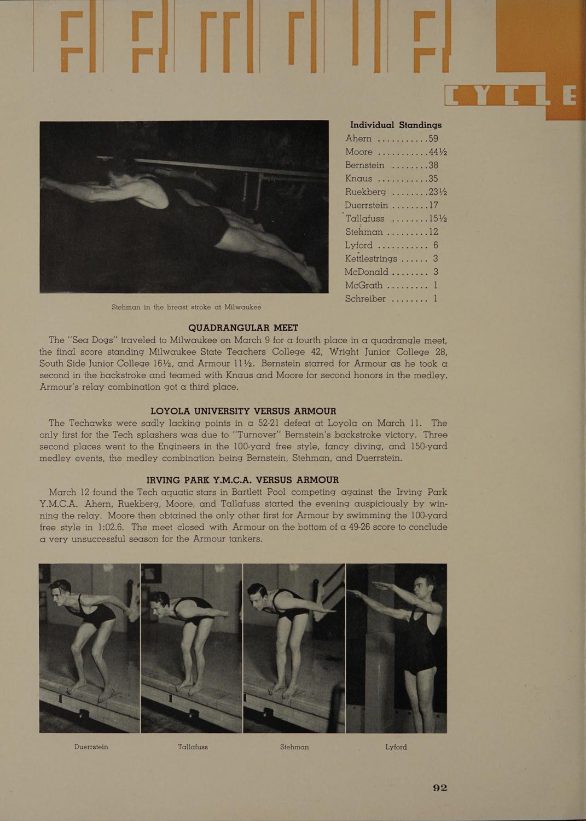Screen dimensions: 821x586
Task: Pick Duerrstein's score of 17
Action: pyautogui.click(x=434, y=205)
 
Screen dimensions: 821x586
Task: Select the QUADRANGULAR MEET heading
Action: pyautogui.click(x=243, y=327)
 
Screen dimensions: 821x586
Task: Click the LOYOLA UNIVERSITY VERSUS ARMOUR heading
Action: pyautogui.click(x=243, y=410)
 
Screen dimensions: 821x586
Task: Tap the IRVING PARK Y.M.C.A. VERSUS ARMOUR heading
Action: pyautogui.click(x=243, y=479)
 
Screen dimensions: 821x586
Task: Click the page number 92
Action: pyautogui.click(x=440, y=788)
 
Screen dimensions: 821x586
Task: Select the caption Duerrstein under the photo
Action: pyautogui.click(x=91, y=747)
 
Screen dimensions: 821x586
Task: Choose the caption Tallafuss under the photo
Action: pyautogui.click(x=193, y=747)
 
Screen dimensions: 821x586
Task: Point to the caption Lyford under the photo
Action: pyautogui.click(x=396, y=747)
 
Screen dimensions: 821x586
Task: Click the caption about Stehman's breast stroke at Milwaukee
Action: pyautogui.click(x=186, y=307)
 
